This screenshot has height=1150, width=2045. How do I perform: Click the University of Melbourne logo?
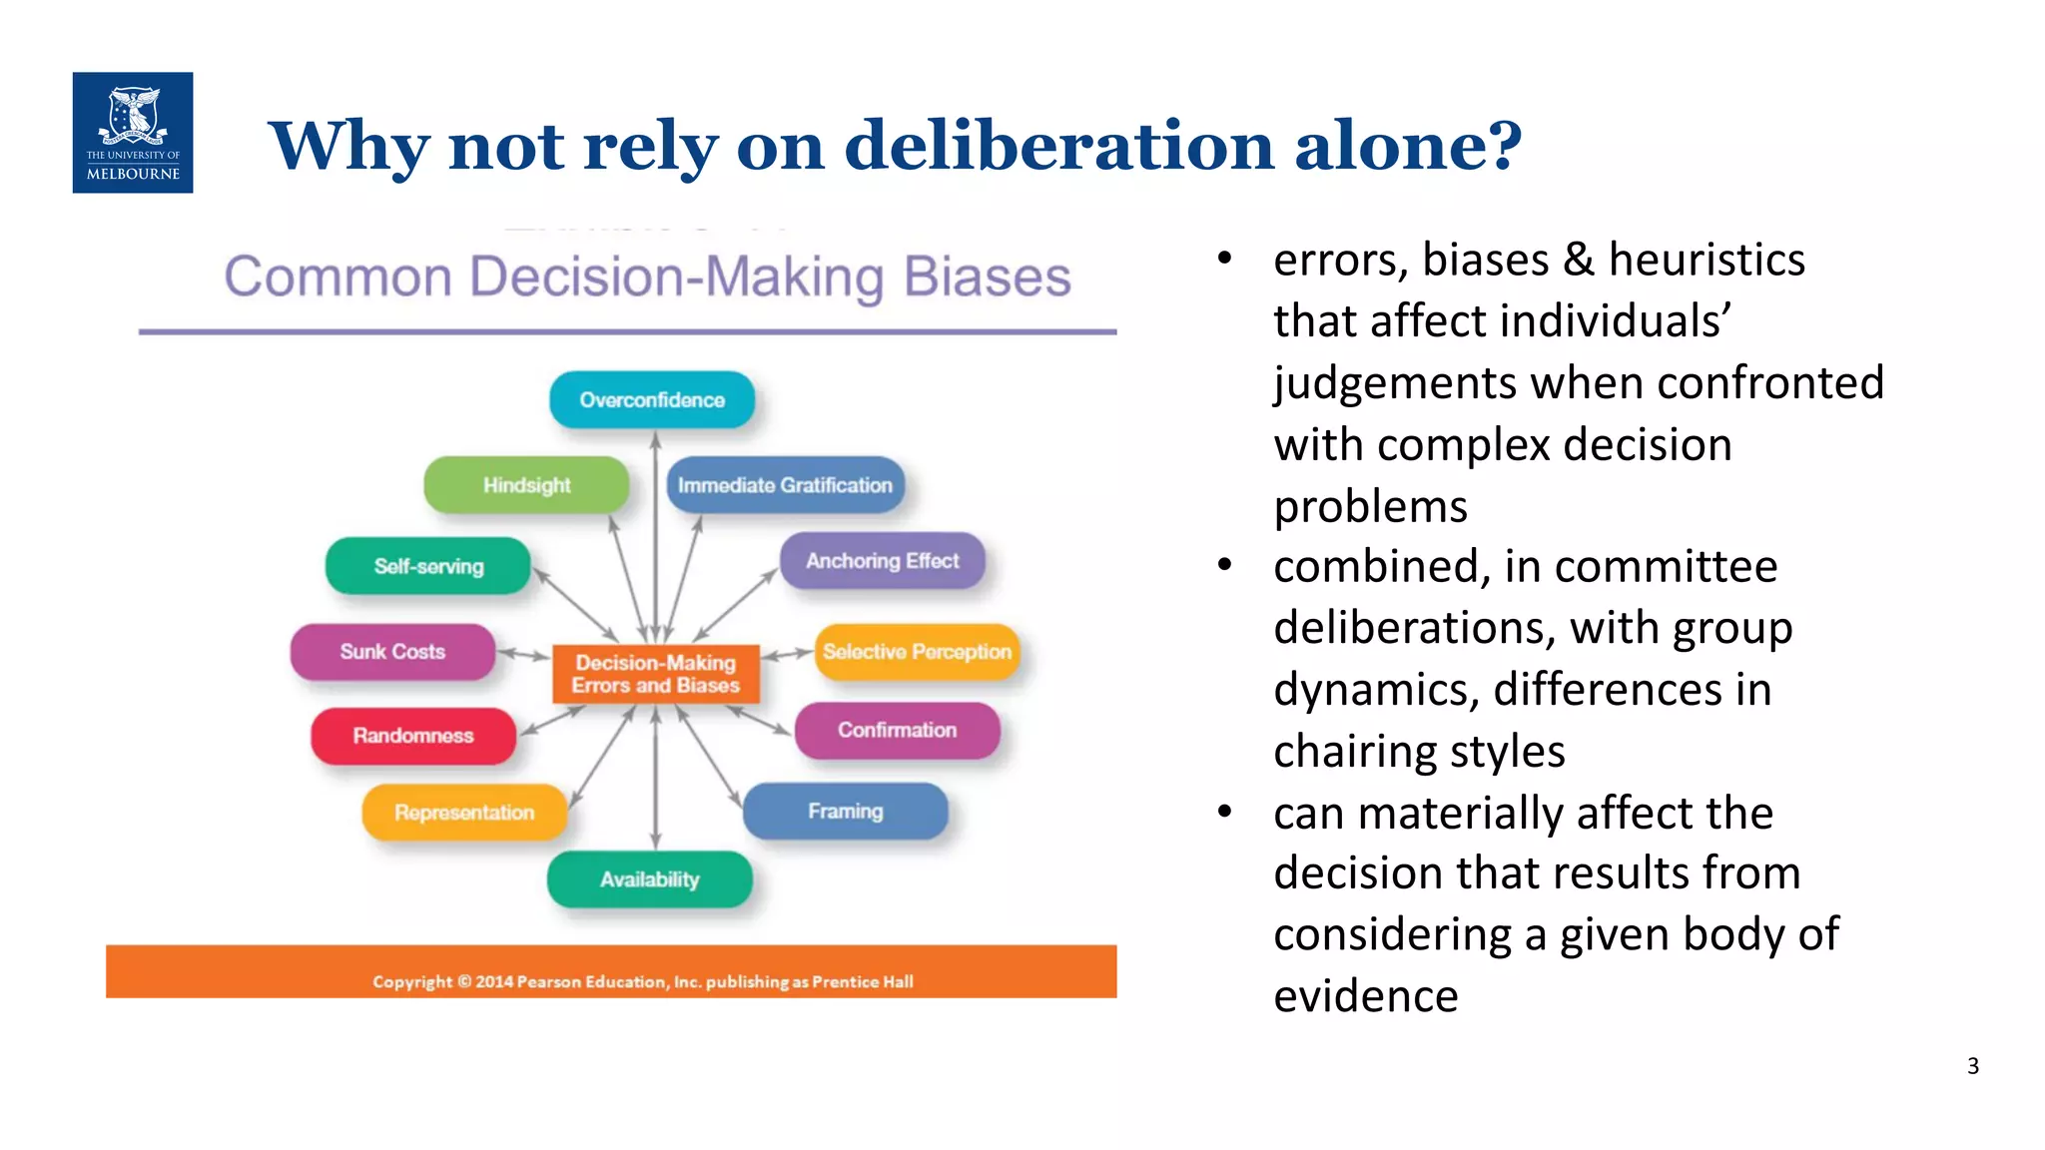[133, 133]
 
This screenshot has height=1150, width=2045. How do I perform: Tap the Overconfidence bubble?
[652, 400]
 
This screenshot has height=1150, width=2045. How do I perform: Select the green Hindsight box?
[526, 485]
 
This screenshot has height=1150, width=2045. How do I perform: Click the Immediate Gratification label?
[785, 485]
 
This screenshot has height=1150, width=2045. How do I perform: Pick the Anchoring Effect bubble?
[882, 561]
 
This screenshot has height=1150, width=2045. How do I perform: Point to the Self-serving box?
[428, 566]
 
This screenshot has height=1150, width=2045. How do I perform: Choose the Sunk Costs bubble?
[392, 652]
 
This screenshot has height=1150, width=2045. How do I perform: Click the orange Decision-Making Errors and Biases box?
[656, 674]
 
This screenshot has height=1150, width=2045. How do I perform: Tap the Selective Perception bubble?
[917, 652]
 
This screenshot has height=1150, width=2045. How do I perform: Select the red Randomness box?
[413, 736]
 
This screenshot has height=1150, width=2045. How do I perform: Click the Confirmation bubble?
[897, 730]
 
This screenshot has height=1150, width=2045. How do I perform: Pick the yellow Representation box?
[464, 813]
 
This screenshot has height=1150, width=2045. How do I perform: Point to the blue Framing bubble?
[846, 811]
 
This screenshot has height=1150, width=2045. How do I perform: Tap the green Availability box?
[650, 879]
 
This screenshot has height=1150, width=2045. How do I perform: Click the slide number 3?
[1972, 1066]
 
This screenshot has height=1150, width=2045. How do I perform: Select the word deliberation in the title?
[1058, 146]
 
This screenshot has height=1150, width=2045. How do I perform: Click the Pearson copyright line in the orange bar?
[642, 981]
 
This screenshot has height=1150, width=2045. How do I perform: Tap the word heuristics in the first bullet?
[1706, 260]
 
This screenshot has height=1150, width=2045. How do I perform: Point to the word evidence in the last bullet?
[1365, 996]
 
